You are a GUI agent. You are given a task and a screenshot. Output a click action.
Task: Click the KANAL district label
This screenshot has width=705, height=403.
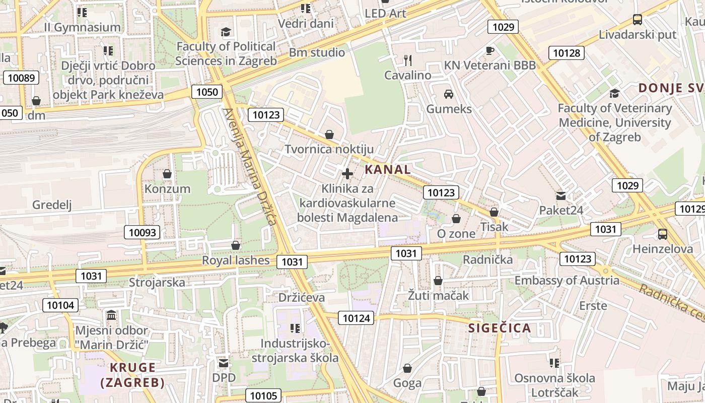388,169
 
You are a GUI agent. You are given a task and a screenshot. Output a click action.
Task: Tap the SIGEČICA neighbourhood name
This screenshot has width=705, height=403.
500,328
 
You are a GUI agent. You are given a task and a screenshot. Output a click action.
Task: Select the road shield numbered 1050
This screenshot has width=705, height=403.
207,92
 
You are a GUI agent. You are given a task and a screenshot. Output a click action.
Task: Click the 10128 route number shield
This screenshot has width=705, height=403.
567,53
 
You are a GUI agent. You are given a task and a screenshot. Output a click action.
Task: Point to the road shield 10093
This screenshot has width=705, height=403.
143,232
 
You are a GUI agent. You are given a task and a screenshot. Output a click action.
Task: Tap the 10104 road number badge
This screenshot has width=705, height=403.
60,305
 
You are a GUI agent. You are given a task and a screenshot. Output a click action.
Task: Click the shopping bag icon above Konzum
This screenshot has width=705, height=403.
167,174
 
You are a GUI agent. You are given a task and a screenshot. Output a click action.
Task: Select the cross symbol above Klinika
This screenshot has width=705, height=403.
347,174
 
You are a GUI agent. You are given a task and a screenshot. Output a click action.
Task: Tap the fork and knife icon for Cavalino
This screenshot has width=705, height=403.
408,60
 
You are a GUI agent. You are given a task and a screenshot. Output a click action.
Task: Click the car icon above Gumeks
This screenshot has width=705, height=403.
448,94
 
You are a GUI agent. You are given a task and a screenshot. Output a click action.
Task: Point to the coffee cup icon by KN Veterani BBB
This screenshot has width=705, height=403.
489,50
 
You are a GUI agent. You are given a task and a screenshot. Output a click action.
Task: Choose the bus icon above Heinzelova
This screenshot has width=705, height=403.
662,234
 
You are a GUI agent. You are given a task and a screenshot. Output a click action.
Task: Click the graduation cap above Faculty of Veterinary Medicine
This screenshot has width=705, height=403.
614,93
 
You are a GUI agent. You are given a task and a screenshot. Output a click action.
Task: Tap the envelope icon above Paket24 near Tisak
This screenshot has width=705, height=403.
560,195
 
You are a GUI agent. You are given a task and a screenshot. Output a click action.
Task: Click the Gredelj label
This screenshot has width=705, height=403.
52,205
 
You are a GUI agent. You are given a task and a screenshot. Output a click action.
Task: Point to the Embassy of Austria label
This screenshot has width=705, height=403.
567,281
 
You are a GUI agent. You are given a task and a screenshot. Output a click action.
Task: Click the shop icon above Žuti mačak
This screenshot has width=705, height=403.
438,281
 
